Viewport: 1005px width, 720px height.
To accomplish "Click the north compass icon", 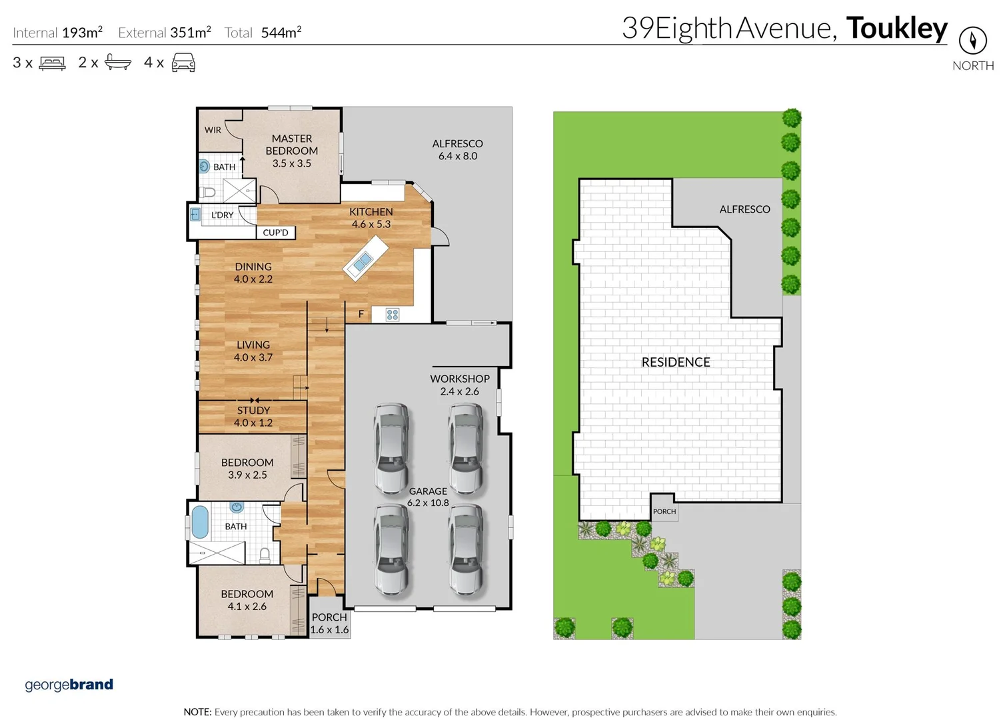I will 972,41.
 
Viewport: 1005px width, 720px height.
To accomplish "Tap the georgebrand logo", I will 69,685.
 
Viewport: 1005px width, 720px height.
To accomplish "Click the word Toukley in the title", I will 896,28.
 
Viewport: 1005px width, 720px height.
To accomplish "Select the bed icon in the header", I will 52,63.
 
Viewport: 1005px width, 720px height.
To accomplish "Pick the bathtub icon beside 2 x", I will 117,63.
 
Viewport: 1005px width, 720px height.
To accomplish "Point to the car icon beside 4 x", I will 183,63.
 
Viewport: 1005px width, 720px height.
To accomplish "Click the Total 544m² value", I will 281,33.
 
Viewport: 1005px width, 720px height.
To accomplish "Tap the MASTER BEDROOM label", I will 292,151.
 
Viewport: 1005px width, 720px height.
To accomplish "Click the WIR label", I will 213,130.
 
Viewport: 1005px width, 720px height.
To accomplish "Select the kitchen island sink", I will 363,262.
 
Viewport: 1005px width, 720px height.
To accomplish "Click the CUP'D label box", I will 275,233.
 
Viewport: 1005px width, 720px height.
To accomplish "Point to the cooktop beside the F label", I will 393,315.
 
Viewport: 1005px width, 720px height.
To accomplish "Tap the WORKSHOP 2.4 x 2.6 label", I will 459,385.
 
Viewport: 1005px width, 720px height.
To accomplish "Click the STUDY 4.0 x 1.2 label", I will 253,417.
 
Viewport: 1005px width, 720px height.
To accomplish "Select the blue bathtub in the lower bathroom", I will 200,522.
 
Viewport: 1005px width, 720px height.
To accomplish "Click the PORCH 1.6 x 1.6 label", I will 329,623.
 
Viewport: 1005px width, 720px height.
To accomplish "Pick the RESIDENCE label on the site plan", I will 676,362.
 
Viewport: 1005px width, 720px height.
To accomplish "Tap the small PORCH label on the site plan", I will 664,511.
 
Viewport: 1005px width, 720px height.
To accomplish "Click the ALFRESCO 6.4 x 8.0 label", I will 457,149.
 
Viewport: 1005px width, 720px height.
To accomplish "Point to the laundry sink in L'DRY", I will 195,215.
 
